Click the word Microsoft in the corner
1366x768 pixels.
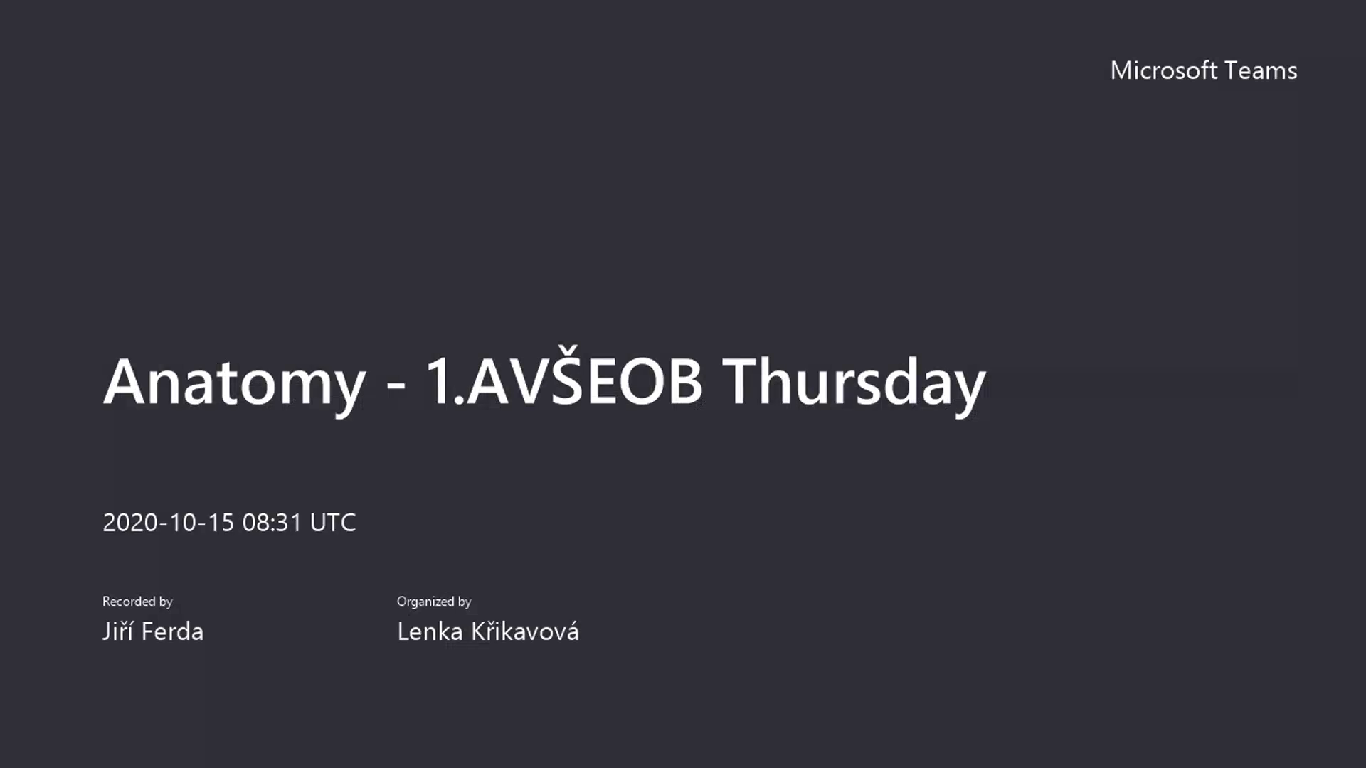coord(1164,70)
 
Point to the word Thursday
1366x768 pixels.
coord(854,384)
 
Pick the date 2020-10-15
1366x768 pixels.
coord(169,523)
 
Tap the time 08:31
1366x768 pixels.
coord(272,523)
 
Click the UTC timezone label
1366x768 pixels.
coord(333,523)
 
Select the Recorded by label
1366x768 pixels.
coord(137,602)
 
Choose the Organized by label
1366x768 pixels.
coord(434,602)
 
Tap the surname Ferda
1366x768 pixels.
coord(173,631)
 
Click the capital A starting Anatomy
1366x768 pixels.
coord(126,382)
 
